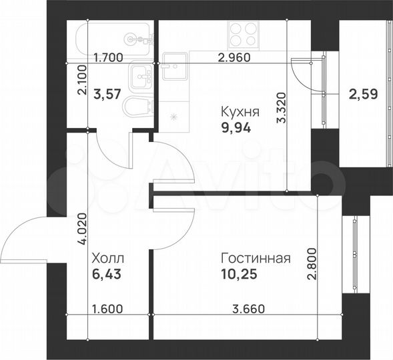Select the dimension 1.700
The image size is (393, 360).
click(x=108, y=57)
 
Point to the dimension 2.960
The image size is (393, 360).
click(x=234, y=57)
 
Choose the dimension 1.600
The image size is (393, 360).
click(x=107, y=309)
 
